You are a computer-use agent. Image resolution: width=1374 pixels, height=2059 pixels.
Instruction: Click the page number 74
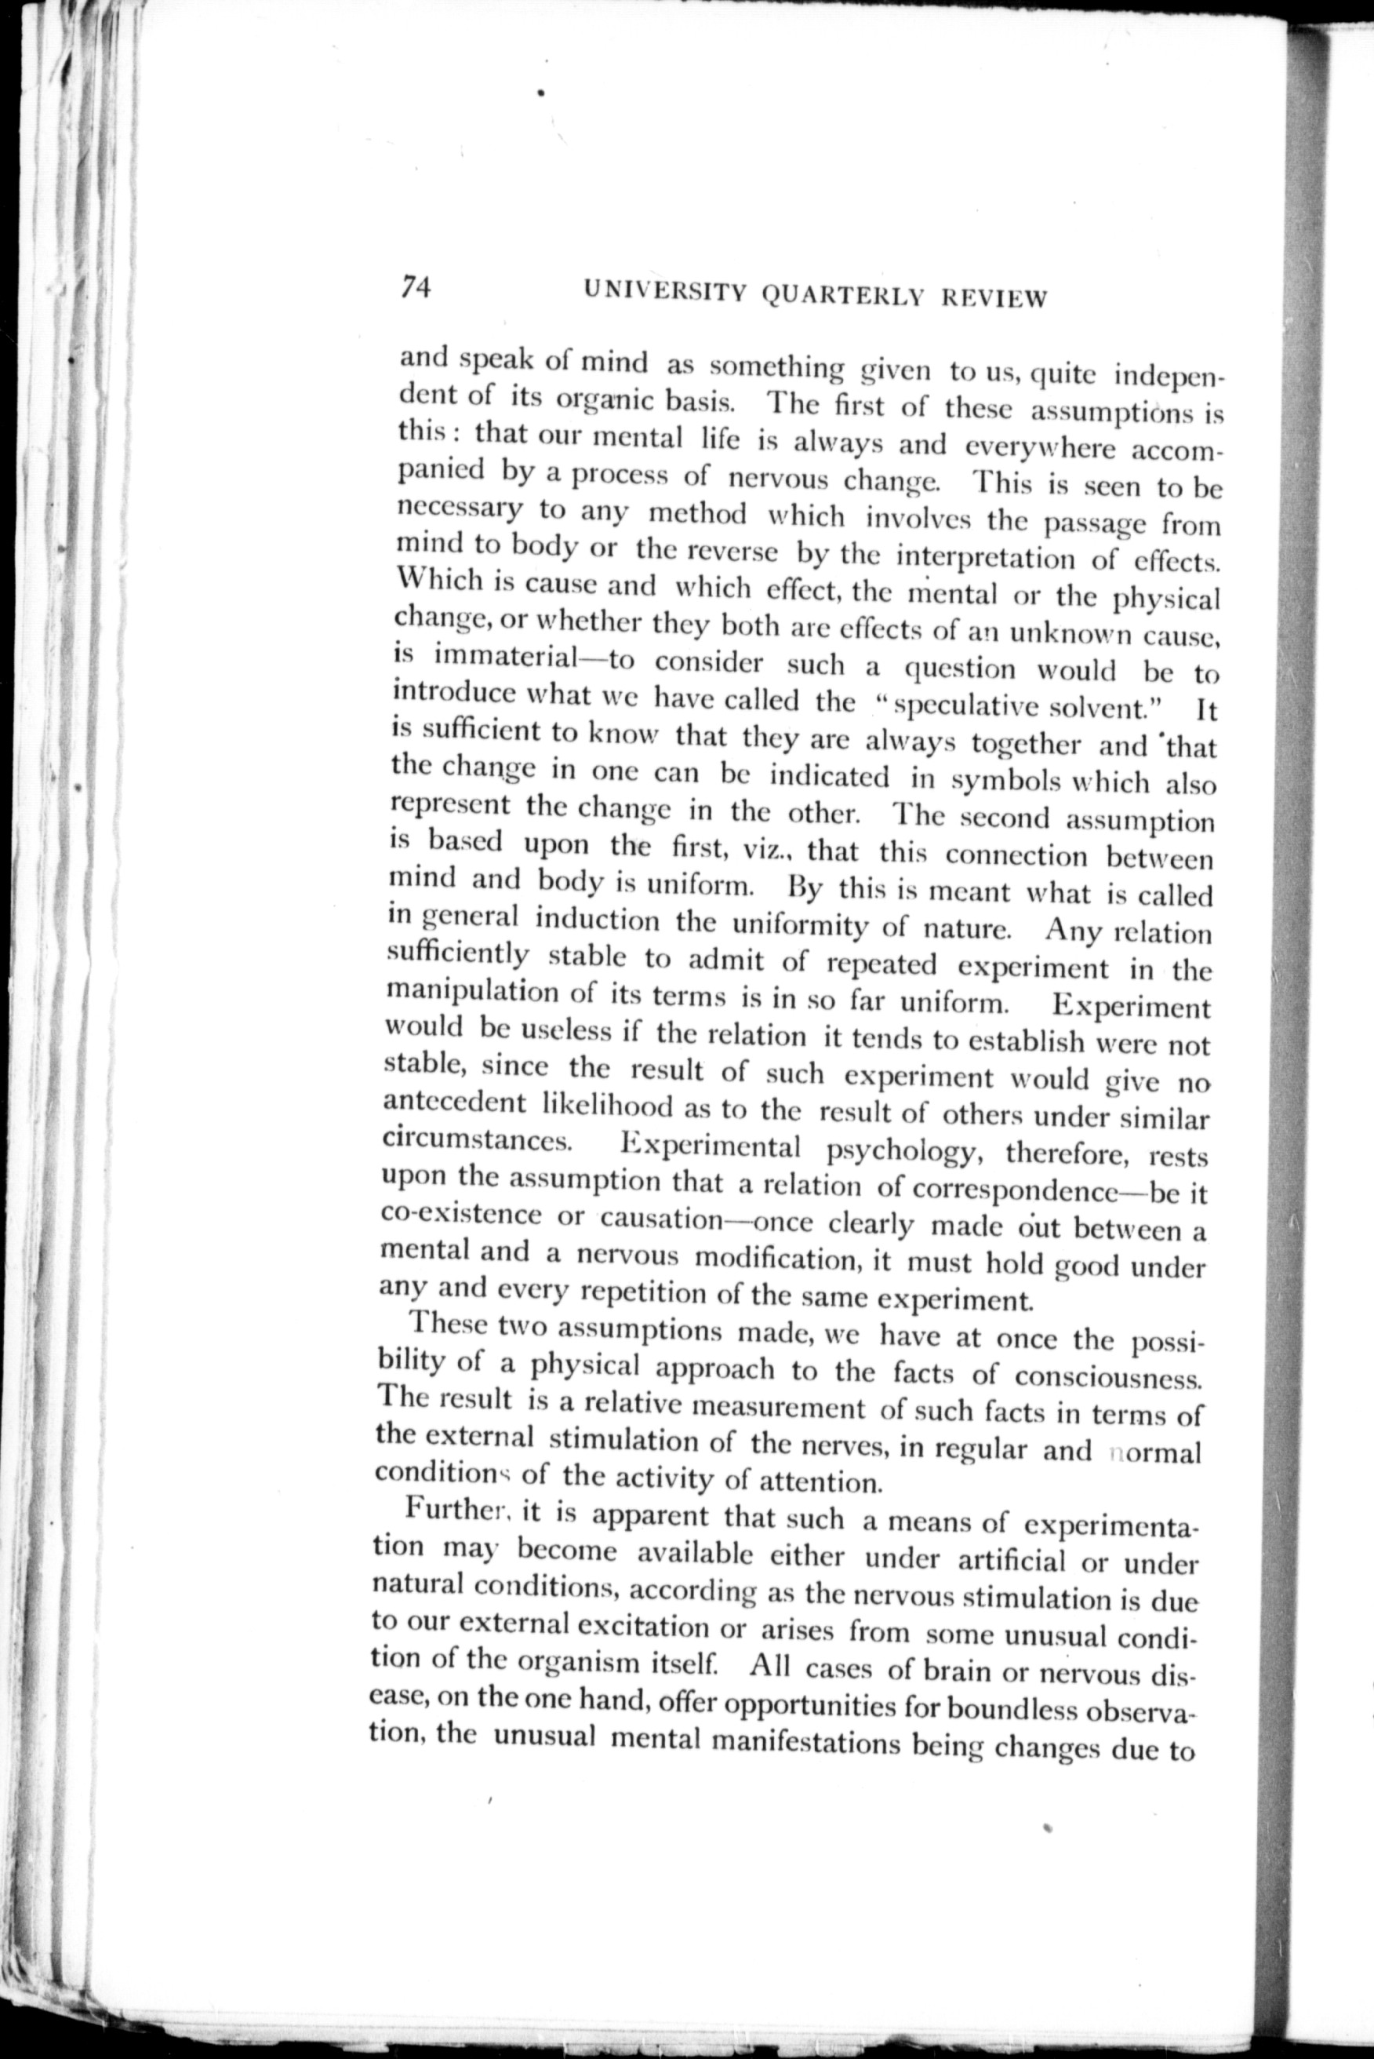(x=416, y=287)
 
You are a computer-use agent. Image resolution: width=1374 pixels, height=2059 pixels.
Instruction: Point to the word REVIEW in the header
(x=994, y=299)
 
